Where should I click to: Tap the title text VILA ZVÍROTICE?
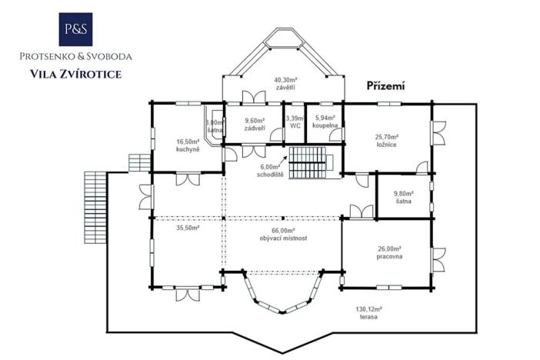coord(75,74)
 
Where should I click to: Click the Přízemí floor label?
coord(385,86)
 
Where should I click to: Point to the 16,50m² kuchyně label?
coord(188,145)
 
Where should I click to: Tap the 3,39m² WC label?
coord(294,122)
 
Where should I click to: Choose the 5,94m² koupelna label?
coord(325,122)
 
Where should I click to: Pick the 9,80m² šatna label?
coord(403,198)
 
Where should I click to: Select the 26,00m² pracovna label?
coord(390,253)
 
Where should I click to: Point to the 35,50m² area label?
coord(188,228)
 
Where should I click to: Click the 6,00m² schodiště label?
coord(270,170)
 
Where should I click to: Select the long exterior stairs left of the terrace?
coord(92,205)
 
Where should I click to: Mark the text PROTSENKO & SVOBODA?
coord(76,56)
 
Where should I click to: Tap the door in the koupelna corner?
coord(335,134)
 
